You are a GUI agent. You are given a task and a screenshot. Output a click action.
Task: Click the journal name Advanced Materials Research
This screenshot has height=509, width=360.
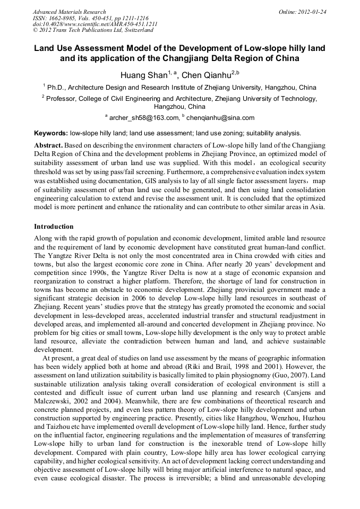click(69, 12)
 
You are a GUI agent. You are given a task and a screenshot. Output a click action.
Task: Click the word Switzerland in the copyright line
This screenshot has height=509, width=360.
click(132, 30)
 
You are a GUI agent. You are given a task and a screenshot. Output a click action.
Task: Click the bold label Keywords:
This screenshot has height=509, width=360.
click(50, 133)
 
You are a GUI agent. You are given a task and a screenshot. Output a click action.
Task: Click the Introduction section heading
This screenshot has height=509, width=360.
click(54, 227)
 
